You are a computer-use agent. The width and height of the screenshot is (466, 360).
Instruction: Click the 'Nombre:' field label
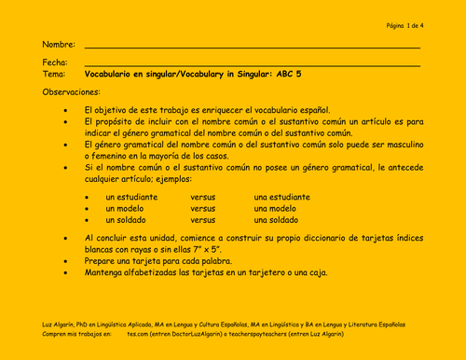tap(59, 45)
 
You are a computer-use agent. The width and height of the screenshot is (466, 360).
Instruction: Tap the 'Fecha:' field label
tap(56, 62)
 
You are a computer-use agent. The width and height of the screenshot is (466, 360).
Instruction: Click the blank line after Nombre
tap(252, 47)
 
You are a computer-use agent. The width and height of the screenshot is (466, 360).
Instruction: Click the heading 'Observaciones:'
tap(75, 93)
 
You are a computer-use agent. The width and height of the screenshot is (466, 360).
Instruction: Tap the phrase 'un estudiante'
tap(131, 198)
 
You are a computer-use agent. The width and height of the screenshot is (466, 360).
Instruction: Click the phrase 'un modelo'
tap(126, 209)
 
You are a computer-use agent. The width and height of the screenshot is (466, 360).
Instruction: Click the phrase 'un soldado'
tap(127, 220)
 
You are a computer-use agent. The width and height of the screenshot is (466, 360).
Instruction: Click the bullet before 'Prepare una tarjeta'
tap(64, 262)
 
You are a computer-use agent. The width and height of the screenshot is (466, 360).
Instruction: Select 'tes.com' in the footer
tap(138, 333)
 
